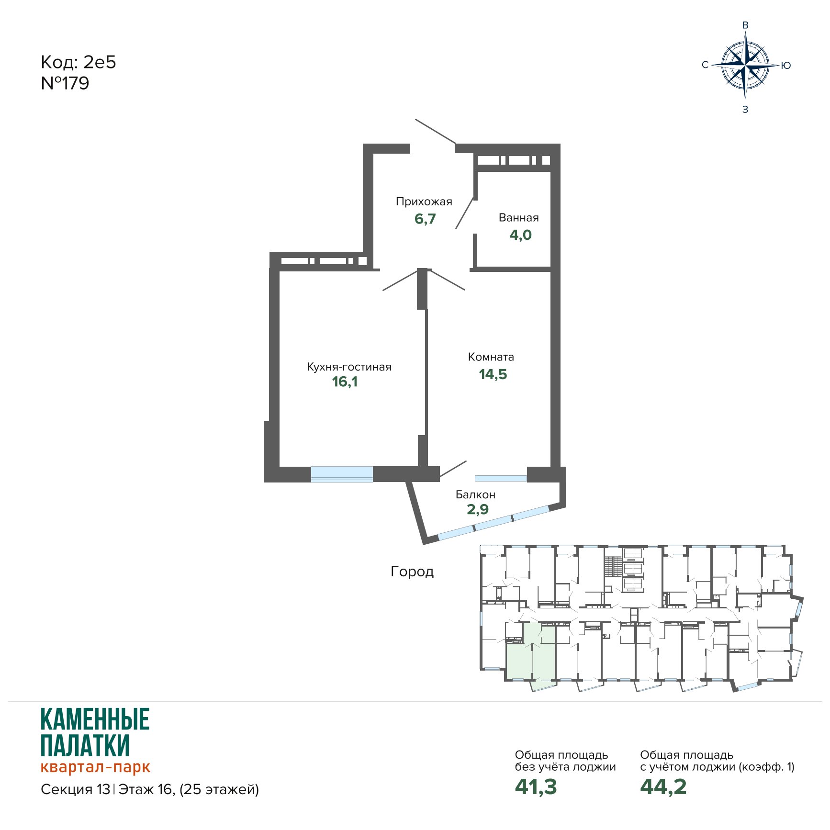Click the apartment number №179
click(x=65, y=83)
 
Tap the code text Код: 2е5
click(x=79, y=62)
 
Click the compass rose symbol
click(x=745, y=65)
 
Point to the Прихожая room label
click(x=424, y=202)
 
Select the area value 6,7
click(x=425, y=219)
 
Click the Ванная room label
click(x=519, y=218)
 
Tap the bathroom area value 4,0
click(x=520, y=235)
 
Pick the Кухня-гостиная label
click(x=349, y=367)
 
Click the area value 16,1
click(x=345, y=382)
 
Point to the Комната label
click(x=491, y=357)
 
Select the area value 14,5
click(x=493, y=374)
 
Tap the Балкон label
click(x=475, y=494)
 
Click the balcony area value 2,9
click(x=478, y=509)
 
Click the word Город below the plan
click(x=412, y=572)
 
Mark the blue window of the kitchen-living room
click(x=342, y=474)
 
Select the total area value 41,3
click(x=536, y=787)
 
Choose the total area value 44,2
click(x=663, y=787)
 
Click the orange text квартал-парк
click(x=95, y=767)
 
